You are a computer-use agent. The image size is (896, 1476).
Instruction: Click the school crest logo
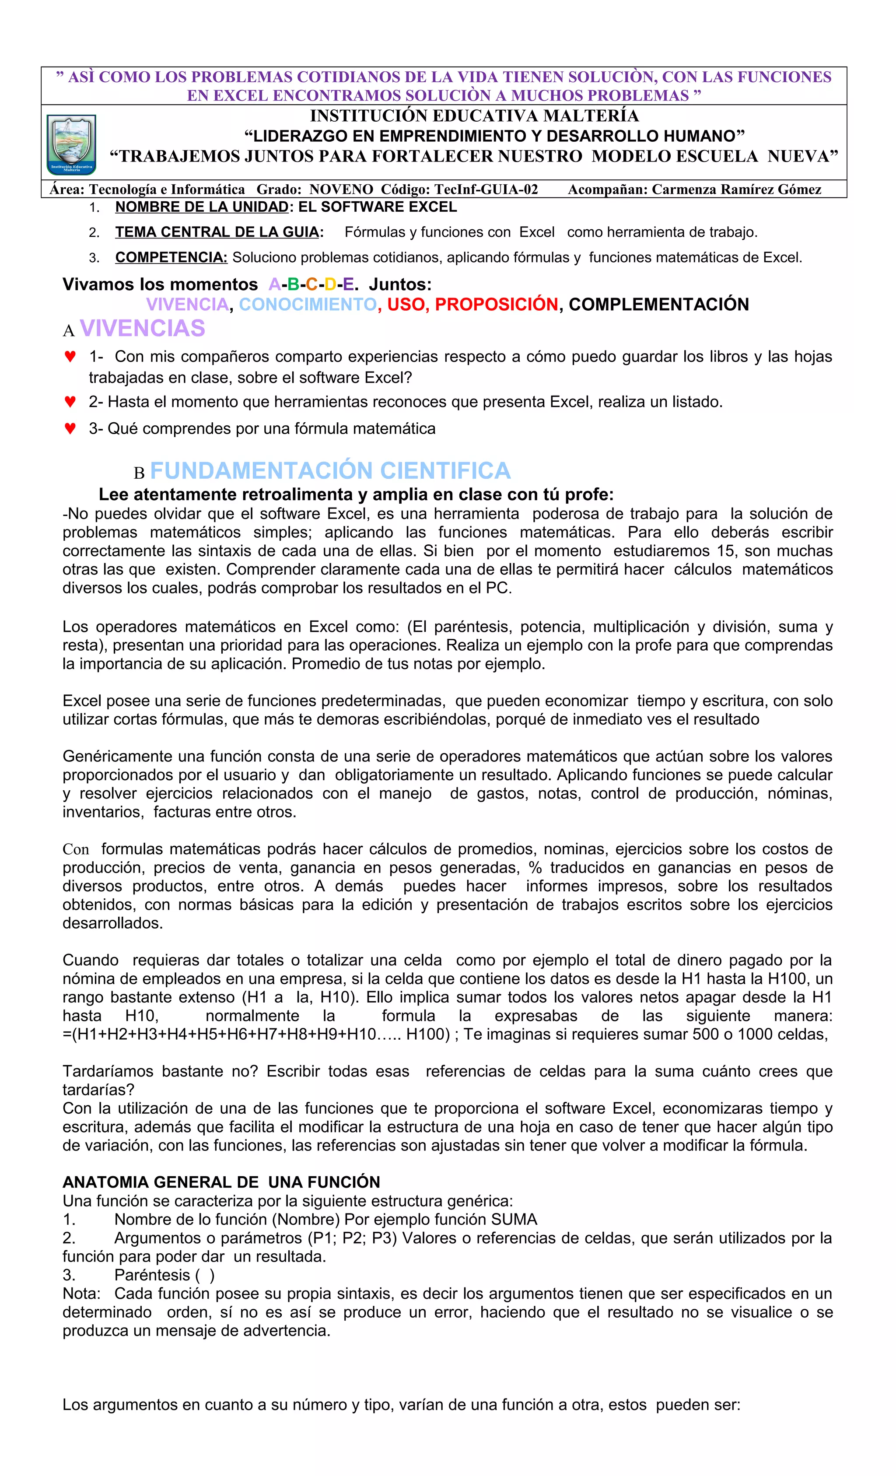71,144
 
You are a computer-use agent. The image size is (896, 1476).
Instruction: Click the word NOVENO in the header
341,189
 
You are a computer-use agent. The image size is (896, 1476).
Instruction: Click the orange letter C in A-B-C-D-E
311,284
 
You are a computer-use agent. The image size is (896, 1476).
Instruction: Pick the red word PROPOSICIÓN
496,304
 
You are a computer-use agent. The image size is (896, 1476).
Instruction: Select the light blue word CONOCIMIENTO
308,304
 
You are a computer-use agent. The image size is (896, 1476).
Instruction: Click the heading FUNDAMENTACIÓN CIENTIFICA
330,471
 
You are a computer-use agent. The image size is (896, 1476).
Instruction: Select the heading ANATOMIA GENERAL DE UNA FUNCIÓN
221,1182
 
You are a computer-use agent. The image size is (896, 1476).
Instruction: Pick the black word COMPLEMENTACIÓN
658,304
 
